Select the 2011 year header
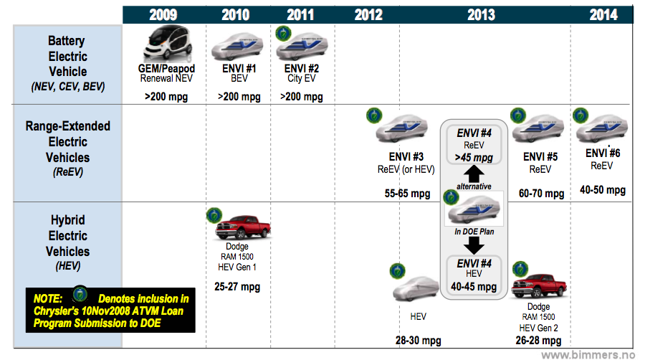(x=300, y=15)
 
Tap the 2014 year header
(x=603, y=15)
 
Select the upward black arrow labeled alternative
(x=474, y=174)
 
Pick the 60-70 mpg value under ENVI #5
(x=540, y=194)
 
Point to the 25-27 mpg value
(x=237, y=287)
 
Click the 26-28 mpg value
(x=537, y=340)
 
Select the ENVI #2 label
(x=300, y=69)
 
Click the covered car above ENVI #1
(x=239, y=47)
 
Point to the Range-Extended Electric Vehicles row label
(x=68, y=148)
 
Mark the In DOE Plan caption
(x=473, y=231)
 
